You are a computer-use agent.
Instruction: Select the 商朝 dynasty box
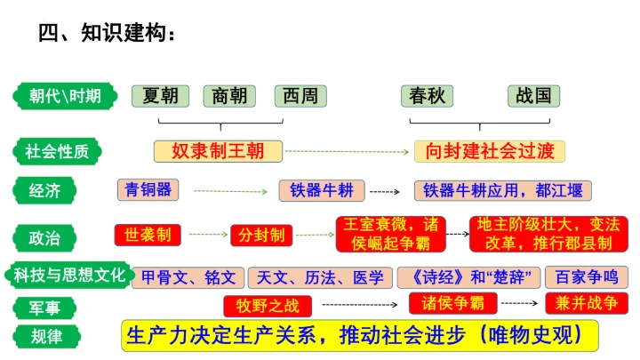[x=230, y=96]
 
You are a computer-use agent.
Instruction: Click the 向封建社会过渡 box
[x=490, y=150]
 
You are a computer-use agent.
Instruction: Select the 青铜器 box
[x=148, y=189]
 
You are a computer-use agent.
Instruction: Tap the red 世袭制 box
[x=148, y=235]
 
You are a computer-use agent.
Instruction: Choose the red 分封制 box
[x=261, y=235]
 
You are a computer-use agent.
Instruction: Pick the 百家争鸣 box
[x=585, y=277]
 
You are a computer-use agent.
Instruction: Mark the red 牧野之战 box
[x=267, y=307]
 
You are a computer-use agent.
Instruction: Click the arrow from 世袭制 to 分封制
[x=207, y=235]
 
